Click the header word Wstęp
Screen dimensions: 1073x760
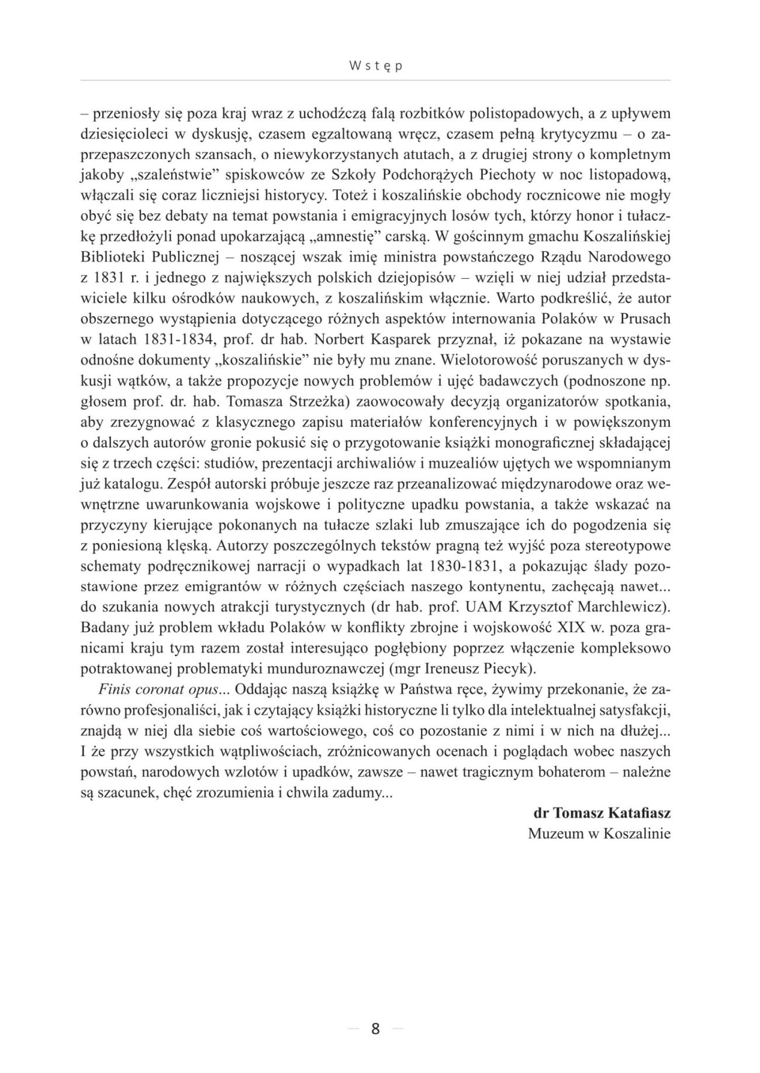point(375,67)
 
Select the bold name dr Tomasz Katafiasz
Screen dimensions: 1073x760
point(602,814)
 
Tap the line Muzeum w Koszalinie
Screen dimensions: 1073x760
point(599,834)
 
